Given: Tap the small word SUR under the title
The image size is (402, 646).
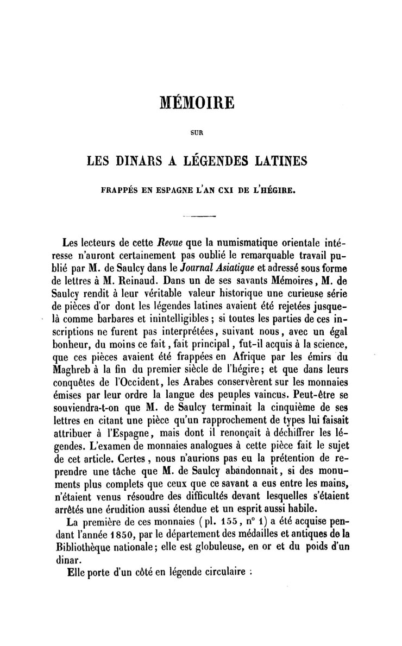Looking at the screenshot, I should coord(197,131).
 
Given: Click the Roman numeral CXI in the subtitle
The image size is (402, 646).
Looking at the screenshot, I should coord(243,191).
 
